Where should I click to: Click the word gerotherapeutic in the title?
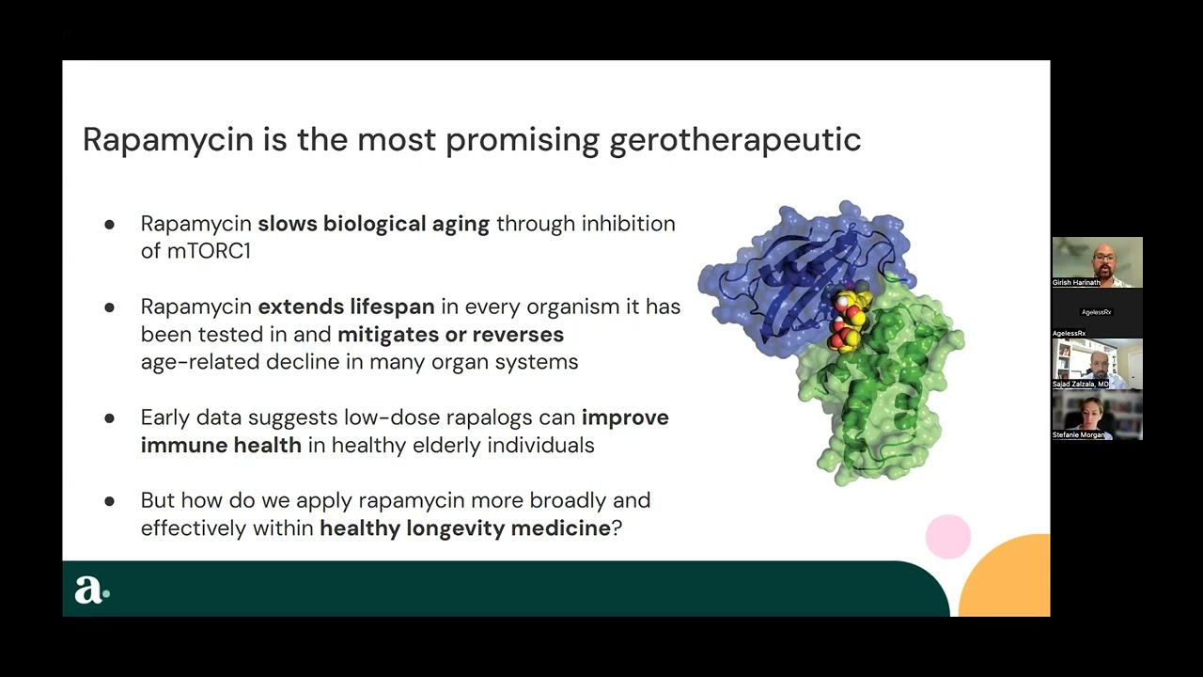735,140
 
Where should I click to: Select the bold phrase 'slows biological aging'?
373,224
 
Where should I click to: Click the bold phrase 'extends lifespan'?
346,307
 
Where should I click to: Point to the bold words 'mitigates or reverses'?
450,334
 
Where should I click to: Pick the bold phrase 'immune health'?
221,445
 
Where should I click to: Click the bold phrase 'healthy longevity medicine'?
465,527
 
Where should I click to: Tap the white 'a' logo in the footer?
89,590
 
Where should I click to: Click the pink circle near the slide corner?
947,537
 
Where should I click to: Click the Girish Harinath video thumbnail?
1097,262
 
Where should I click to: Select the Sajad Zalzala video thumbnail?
1097,363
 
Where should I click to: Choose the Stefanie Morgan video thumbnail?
1097,415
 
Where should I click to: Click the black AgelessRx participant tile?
1097,312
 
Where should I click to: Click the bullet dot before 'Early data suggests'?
109,418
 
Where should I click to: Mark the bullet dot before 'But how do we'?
109,501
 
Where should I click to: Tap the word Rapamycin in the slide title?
168,140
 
